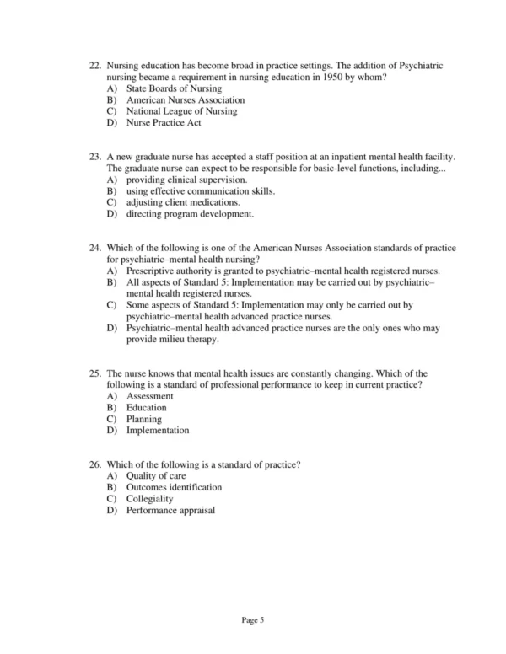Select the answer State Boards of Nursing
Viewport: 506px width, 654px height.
(174, 88)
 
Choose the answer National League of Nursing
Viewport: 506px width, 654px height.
(181, 111)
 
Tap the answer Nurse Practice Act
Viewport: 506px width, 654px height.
(164, 123)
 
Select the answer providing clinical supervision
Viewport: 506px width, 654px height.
(186, 180)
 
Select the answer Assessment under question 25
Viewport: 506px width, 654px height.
(150, 396)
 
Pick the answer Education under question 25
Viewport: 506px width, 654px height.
(147, 408)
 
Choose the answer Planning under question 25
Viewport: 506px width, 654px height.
(144, 419)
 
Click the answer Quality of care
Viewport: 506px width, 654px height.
(156, 477)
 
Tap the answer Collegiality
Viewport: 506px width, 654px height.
(150, 500)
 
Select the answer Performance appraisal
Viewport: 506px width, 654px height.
(170, 511)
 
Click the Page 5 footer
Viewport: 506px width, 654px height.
(253, 621)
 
